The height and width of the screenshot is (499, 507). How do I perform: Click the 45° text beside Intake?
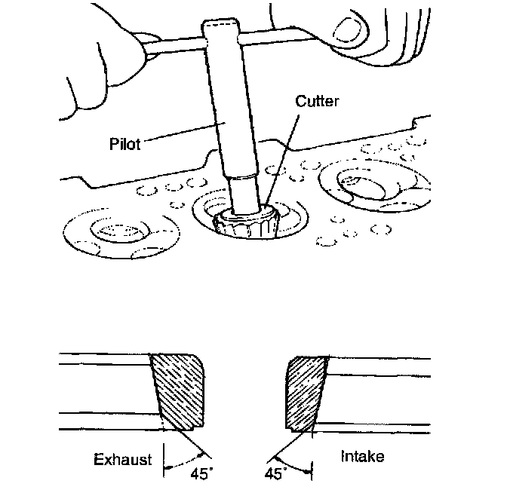coord(275,474)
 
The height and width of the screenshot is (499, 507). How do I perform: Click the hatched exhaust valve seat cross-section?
coord(179,390)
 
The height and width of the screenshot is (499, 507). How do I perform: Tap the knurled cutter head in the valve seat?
coord(246,225)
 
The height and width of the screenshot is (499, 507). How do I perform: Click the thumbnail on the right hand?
coord(349,30)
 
